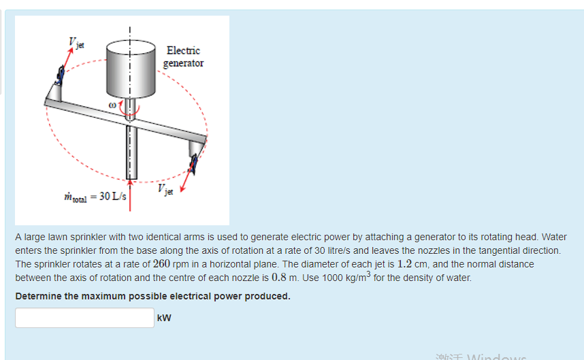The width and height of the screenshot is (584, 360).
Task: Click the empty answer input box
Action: click(x=84, y=318)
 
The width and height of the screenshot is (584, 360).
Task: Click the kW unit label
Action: click(x=164, y=318)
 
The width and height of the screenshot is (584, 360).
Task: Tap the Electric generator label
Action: click(x=184, y=56)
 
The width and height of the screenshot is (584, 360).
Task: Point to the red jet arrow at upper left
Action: click(x=66, y=62)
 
